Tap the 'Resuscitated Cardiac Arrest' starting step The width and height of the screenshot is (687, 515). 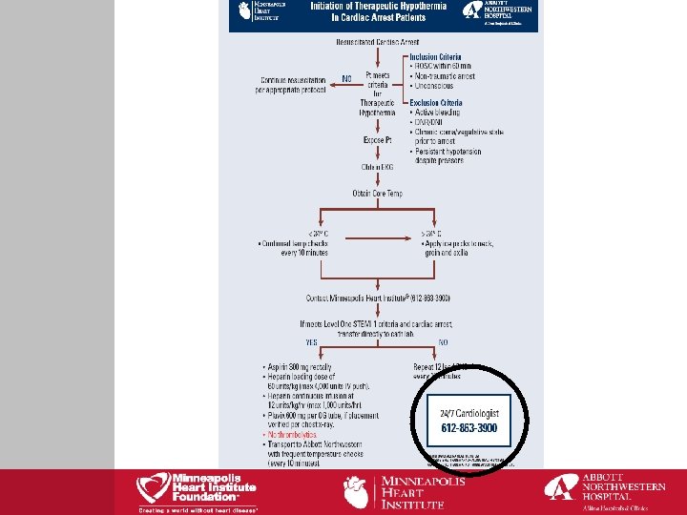[377, 42]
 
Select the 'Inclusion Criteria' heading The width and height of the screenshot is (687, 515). [436, 57]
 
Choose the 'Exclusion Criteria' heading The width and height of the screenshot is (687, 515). [436, 103]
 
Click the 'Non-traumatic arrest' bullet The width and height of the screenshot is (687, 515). [446, 75]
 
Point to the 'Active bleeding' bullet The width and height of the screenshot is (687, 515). [438, 113]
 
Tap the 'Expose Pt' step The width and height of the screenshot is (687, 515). [377, 140]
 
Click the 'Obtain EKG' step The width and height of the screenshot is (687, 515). [377, 167]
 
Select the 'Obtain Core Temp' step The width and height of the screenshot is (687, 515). [377, 194]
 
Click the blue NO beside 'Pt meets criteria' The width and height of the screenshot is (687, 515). [345, 77]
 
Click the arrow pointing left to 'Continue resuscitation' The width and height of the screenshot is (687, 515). [340, 86]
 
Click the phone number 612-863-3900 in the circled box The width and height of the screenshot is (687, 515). [469, 428]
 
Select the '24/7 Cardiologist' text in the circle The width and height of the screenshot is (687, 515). [469, 413]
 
